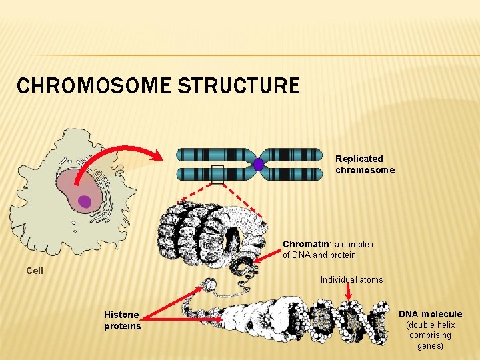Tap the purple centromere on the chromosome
point(259,164)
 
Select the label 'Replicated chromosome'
point(365,164)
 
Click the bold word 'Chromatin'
point(306,245)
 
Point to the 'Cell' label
point(35,271)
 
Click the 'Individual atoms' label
point(351,280)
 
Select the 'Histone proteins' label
point(122,320)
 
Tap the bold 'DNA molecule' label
point(430,314)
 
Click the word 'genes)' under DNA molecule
point(430,346)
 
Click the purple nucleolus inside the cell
point(85,201)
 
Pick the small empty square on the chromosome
point(217,174)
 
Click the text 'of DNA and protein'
point(319,255)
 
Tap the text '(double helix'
point(431,325)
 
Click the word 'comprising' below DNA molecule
point(430,335)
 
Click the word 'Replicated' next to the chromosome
point(359,159)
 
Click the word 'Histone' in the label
point(121,315)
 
